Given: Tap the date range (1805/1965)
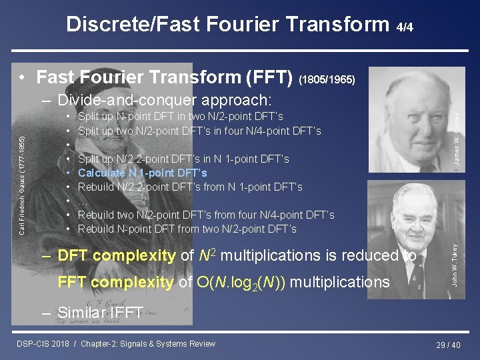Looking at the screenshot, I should click(331, 79).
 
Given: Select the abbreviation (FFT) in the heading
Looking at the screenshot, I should click(266, 77).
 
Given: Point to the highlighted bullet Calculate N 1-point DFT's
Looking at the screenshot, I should click(143, 173).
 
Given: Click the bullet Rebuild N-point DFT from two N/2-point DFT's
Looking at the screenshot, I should click(187, 229).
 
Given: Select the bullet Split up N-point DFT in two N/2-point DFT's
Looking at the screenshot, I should click(180, 117).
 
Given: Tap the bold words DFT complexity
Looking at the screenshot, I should click(117, 255).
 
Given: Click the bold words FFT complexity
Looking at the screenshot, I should click(117, 282).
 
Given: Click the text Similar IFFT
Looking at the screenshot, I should click(100, 313).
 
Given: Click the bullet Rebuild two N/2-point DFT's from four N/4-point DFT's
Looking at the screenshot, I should click(206, 215).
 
